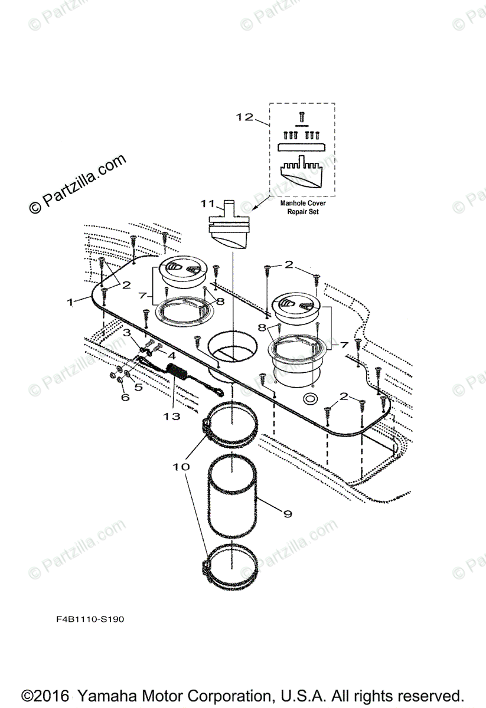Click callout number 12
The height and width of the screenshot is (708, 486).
[244, 117]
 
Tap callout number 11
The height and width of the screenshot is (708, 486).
[207, 204]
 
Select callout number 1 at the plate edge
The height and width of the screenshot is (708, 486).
[70, 301]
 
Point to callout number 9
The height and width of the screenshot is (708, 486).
[288, 514]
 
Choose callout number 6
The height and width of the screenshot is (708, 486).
[125, 398]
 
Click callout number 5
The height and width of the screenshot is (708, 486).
[138, 388]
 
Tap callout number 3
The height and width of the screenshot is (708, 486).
[127, 333]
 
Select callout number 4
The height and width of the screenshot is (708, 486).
[171, 356]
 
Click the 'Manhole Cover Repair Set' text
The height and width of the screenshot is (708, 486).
[303, 207]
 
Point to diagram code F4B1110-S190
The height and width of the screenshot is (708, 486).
[87, 619]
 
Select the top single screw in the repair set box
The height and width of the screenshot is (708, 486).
[301, 118]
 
